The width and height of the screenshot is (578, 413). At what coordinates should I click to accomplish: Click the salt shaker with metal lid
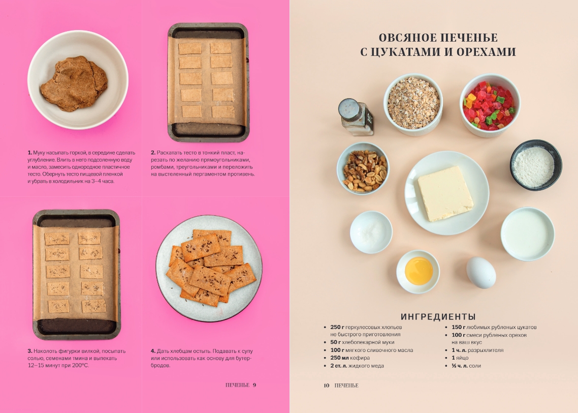tap(356, 116)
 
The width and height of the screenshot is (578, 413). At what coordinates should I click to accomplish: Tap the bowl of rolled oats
tap(413, 104)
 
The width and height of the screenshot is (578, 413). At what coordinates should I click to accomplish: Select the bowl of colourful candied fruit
tap(490, 105)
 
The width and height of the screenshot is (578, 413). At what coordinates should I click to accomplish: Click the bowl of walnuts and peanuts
tap(363, 169)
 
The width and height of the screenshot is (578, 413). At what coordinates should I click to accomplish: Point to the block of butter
tap(445, 193)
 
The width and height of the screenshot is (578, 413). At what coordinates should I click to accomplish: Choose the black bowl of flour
tap(536, 165)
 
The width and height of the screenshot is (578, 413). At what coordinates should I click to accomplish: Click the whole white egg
tap(481, 273)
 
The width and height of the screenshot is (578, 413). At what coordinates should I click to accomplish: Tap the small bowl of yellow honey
tap(418, 272)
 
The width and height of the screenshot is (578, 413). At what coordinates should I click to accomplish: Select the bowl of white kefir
tap(528, 234)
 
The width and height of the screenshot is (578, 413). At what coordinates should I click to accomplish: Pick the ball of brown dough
tap(74, 83)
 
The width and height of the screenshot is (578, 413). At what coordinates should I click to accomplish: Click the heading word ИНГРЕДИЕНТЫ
tap(438, 317)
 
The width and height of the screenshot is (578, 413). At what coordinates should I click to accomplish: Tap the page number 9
tap(254, 385)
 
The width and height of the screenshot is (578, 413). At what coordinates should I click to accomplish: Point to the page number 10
tap(326, 386)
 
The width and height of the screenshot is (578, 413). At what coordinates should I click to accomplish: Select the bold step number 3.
tap(30, 351)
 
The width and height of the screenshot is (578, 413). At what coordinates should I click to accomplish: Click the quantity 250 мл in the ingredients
tap(339, 358)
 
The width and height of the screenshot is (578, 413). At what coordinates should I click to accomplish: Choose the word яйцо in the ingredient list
tap(462, 358)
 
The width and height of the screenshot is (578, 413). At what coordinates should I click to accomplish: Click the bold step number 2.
tap(153, 153)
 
